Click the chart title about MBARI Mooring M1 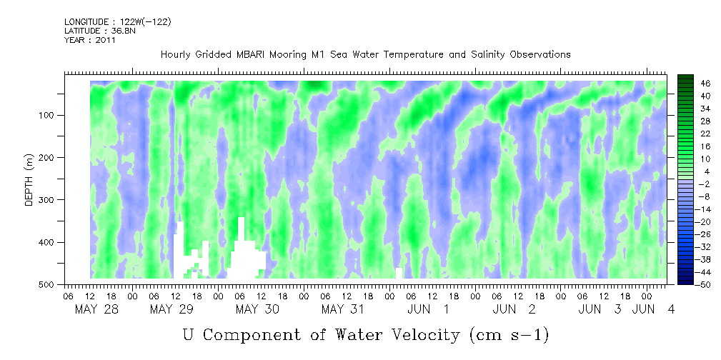pos(365,54)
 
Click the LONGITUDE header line pos(118,22)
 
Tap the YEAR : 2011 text pos(89,40)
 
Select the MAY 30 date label pos(257,309)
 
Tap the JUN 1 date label pos(428,309)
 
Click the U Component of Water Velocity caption pos(365,334)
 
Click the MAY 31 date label pos(343,309)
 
